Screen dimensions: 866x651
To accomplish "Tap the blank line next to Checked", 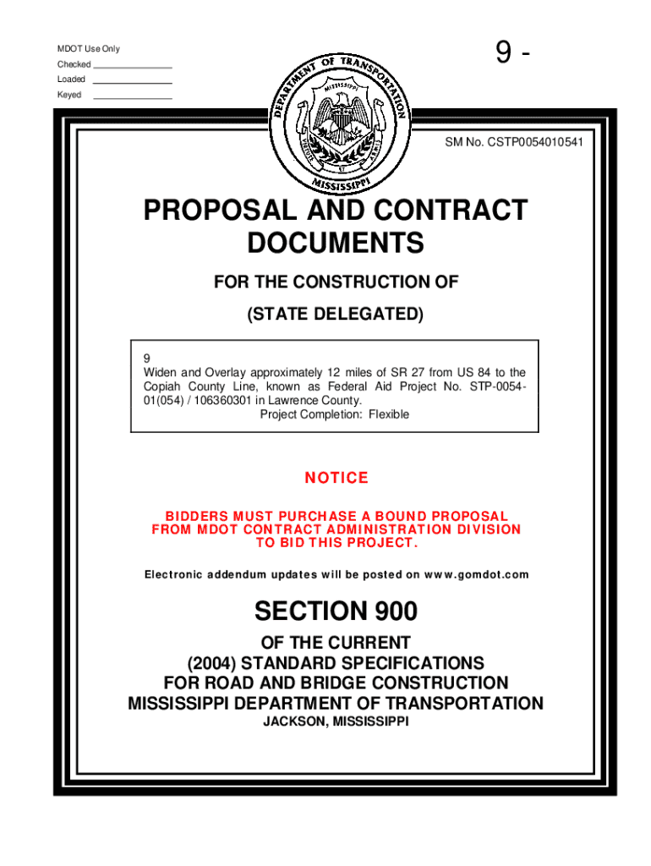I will [133, 67].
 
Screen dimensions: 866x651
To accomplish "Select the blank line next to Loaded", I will [133, 82].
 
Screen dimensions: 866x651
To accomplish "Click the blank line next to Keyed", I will [133, 98].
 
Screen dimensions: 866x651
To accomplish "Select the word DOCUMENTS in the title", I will [335, 244].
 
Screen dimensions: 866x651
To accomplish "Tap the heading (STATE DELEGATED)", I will [335, 315].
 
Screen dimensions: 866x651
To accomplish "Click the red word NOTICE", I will [336, 479].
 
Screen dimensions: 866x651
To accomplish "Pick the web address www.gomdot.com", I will [479, 575].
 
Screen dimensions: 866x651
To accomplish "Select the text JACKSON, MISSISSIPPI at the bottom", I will [335, 722].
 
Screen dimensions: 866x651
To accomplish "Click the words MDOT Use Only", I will [89, 49].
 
